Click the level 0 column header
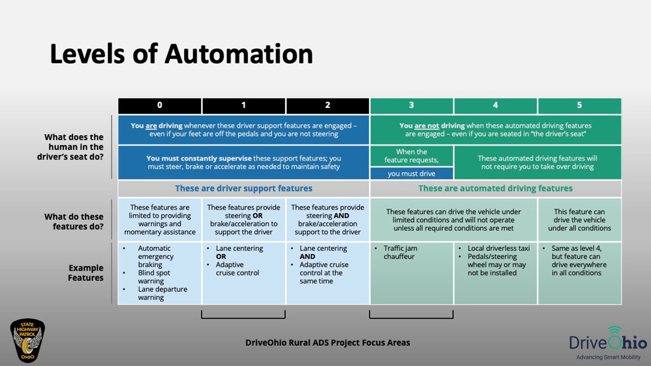pos(159,105)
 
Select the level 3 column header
pos(411,105)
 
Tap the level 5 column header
pos(579,105)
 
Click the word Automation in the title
pos(239,54)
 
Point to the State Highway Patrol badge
pos(27,340)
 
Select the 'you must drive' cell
pos(411,174)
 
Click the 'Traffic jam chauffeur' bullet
pos(400,252)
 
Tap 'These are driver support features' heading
pos(243,188)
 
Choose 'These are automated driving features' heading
pos(495,188)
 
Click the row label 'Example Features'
pos(85,273)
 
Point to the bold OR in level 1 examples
pos(221,257)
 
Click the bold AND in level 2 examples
pos(307,257)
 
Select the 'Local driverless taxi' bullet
pos(498,248)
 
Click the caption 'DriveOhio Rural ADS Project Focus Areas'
pos(328,343)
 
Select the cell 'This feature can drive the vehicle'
pos(579,220)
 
